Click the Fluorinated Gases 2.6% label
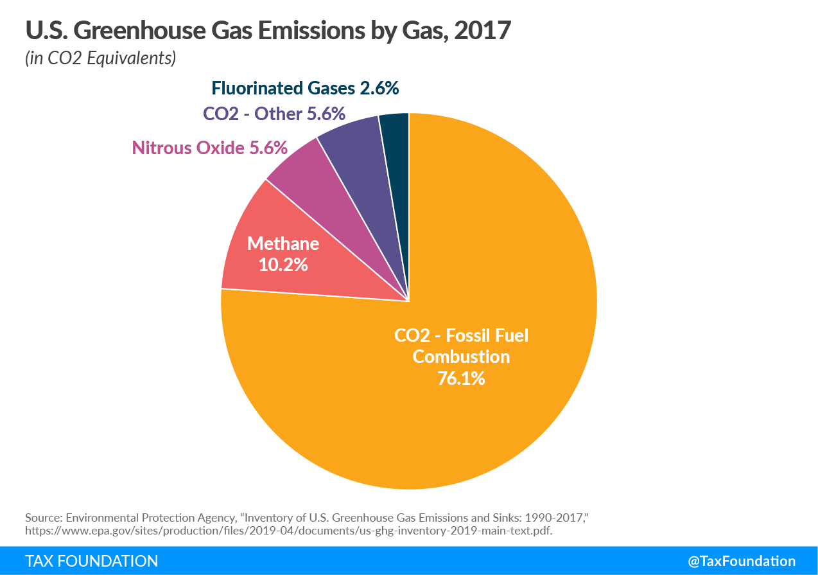(x=306, y=88)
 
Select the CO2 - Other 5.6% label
(x=274, y=114)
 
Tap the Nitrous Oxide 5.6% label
(x=209, y=148)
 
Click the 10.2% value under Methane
(x=283, y=264)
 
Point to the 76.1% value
(x=461, y=378)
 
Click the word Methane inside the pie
(x=283, y=243)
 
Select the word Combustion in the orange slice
(x=461, y=357)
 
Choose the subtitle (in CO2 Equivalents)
(x=100, y=58)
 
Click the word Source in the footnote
(x=42, y=517)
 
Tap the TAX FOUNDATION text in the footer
(x=91, y=561)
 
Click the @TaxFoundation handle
(x=742, y=561)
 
